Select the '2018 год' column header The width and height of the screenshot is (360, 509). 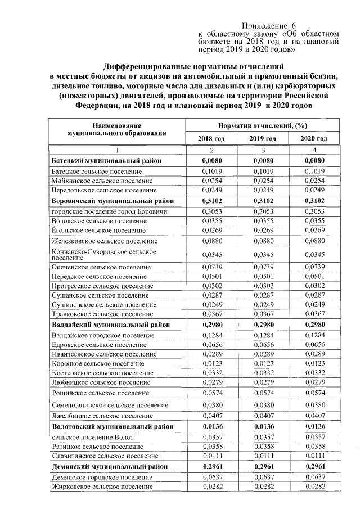pos(211,138)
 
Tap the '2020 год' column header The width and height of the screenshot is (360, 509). pos(314,138)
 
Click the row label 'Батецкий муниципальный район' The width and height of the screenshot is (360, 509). pos(106,161)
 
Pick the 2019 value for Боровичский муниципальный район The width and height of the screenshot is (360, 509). pos(263,200)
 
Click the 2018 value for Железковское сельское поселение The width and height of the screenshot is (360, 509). pos(211,240)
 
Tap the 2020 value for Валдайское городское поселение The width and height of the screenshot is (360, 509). pos(314,335)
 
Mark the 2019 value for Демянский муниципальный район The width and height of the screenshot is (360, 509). pos(263,466)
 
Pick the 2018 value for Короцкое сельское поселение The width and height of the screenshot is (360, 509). pos(211,363)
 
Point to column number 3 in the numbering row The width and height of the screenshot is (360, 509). pos(263,150)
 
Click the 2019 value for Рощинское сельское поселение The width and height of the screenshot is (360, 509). pos(263,393)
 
